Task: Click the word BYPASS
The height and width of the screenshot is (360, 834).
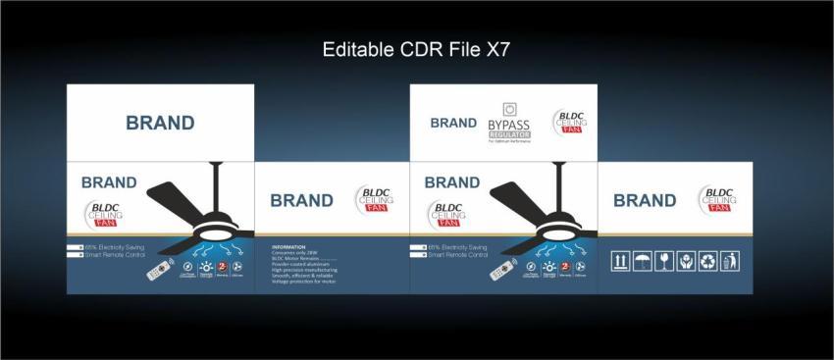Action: (x=508, y=126)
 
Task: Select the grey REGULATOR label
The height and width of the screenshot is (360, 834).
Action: (x=508, y=134)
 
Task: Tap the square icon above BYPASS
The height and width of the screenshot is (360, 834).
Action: (x=508, y=109)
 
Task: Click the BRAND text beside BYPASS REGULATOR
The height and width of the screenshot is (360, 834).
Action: (x=453, y=124)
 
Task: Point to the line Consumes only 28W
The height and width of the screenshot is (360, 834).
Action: (x=295, y=252)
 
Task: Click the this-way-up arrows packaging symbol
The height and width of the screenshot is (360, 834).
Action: (x=620, y=261)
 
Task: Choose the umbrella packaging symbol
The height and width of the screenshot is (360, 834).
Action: (x=642, y=261)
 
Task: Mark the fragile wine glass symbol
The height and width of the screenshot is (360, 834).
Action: (x=663, y=261)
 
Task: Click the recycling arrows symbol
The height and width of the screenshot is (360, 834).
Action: (x=707, y=261)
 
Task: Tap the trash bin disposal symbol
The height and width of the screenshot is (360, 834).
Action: (x=729, y=261)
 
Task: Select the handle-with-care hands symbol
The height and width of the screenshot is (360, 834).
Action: (x=685, y=261)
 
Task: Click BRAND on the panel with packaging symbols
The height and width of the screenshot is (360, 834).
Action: (x=645, y=200)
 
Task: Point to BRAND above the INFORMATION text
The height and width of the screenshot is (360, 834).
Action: (x=301, y=200)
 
